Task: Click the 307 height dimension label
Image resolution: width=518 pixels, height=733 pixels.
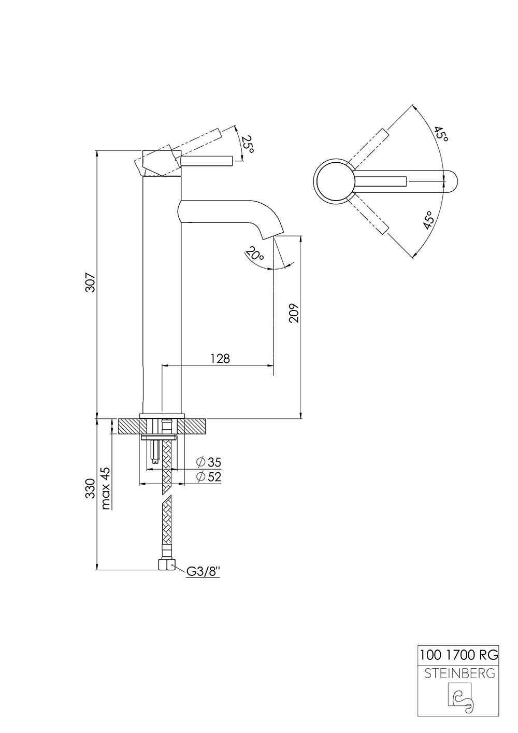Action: [x=90, y=283]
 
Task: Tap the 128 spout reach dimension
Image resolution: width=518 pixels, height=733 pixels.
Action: [x=220, y=358]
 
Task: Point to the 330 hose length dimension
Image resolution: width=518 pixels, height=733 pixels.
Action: [x=90, y=488]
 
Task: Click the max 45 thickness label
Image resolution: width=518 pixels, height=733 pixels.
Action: [x=106, y=488]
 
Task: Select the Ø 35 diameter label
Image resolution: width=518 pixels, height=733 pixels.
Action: [x=209, y=462]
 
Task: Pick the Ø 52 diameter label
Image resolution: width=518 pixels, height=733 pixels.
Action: [x=209, y=477]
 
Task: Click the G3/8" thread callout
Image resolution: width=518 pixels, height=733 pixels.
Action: [x=204, y=571]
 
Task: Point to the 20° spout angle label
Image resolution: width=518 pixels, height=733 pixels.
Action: [x=254, y=255]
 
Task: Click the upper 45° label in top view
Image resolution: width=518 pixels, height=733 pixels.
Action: [x=441, y=134]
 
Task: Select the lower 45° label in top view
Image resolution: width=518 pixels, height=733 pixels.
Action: [x=428, y=220]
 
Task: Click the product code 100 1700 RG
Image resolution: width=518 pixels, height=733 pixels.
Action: [x=458, y=655]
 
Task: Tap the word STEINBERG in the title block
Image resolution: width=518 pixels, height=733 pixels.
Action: [x=458, y=673]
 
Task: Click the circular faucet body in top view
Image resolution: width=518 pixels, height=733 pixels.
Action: [x=335, y=181]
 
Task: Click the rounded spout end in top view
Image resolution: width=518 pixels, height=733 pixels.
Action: [x=451, y=181]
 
